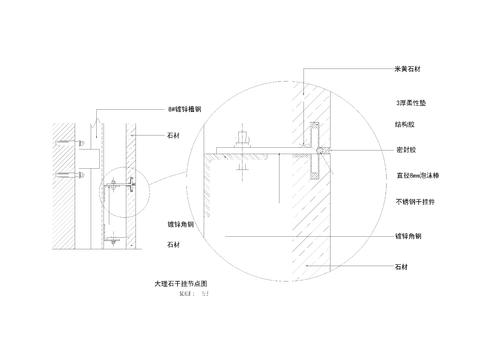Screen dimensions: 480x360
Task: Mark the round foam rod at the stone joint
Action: (318, 151)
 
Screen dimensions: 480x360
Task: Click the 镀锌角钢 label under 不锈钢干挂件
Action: (407, 236)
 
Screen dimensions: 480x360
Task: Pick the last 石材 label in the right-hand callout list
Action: (403, 267)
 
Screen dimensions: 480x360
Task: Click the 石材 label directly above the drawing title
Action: (172, 245)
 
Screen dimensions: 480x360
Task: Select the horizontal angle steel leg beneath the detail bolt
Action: (260, 153)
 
